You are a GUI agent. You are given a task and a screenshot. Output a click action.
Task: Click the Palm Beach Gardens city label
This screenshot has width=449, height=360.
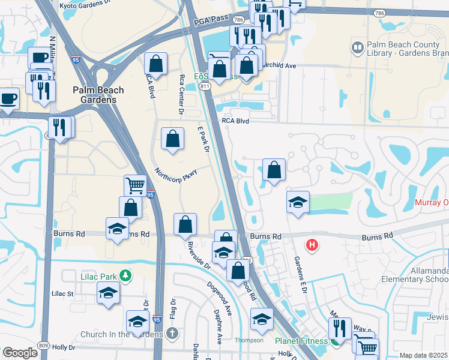click(x=98, y=95)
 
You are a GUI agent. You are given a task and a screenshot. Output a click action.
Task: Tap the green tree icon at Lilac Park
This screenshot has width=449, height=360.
click(x=125, y=276)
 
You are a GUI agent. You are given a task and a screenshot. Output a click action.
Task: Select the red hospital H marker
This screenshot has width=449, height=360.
click(x=312, y=245)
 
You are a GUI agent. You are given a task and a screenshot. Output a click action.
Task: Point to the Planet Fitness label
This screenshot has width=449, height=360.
click(x=301, y=341)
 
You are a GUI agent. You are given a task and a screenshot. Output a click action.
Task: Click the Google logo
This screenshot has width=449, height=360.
click(x=20, y=353)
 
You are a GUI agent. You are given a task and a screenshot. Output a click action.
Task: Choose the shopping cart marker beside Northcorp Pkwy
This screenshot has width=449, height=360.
click(x=136, y=185)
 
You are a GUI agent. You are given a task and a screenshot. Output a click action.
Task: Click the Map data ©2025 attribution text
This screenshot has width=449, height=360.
click(x=424, y=355)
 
